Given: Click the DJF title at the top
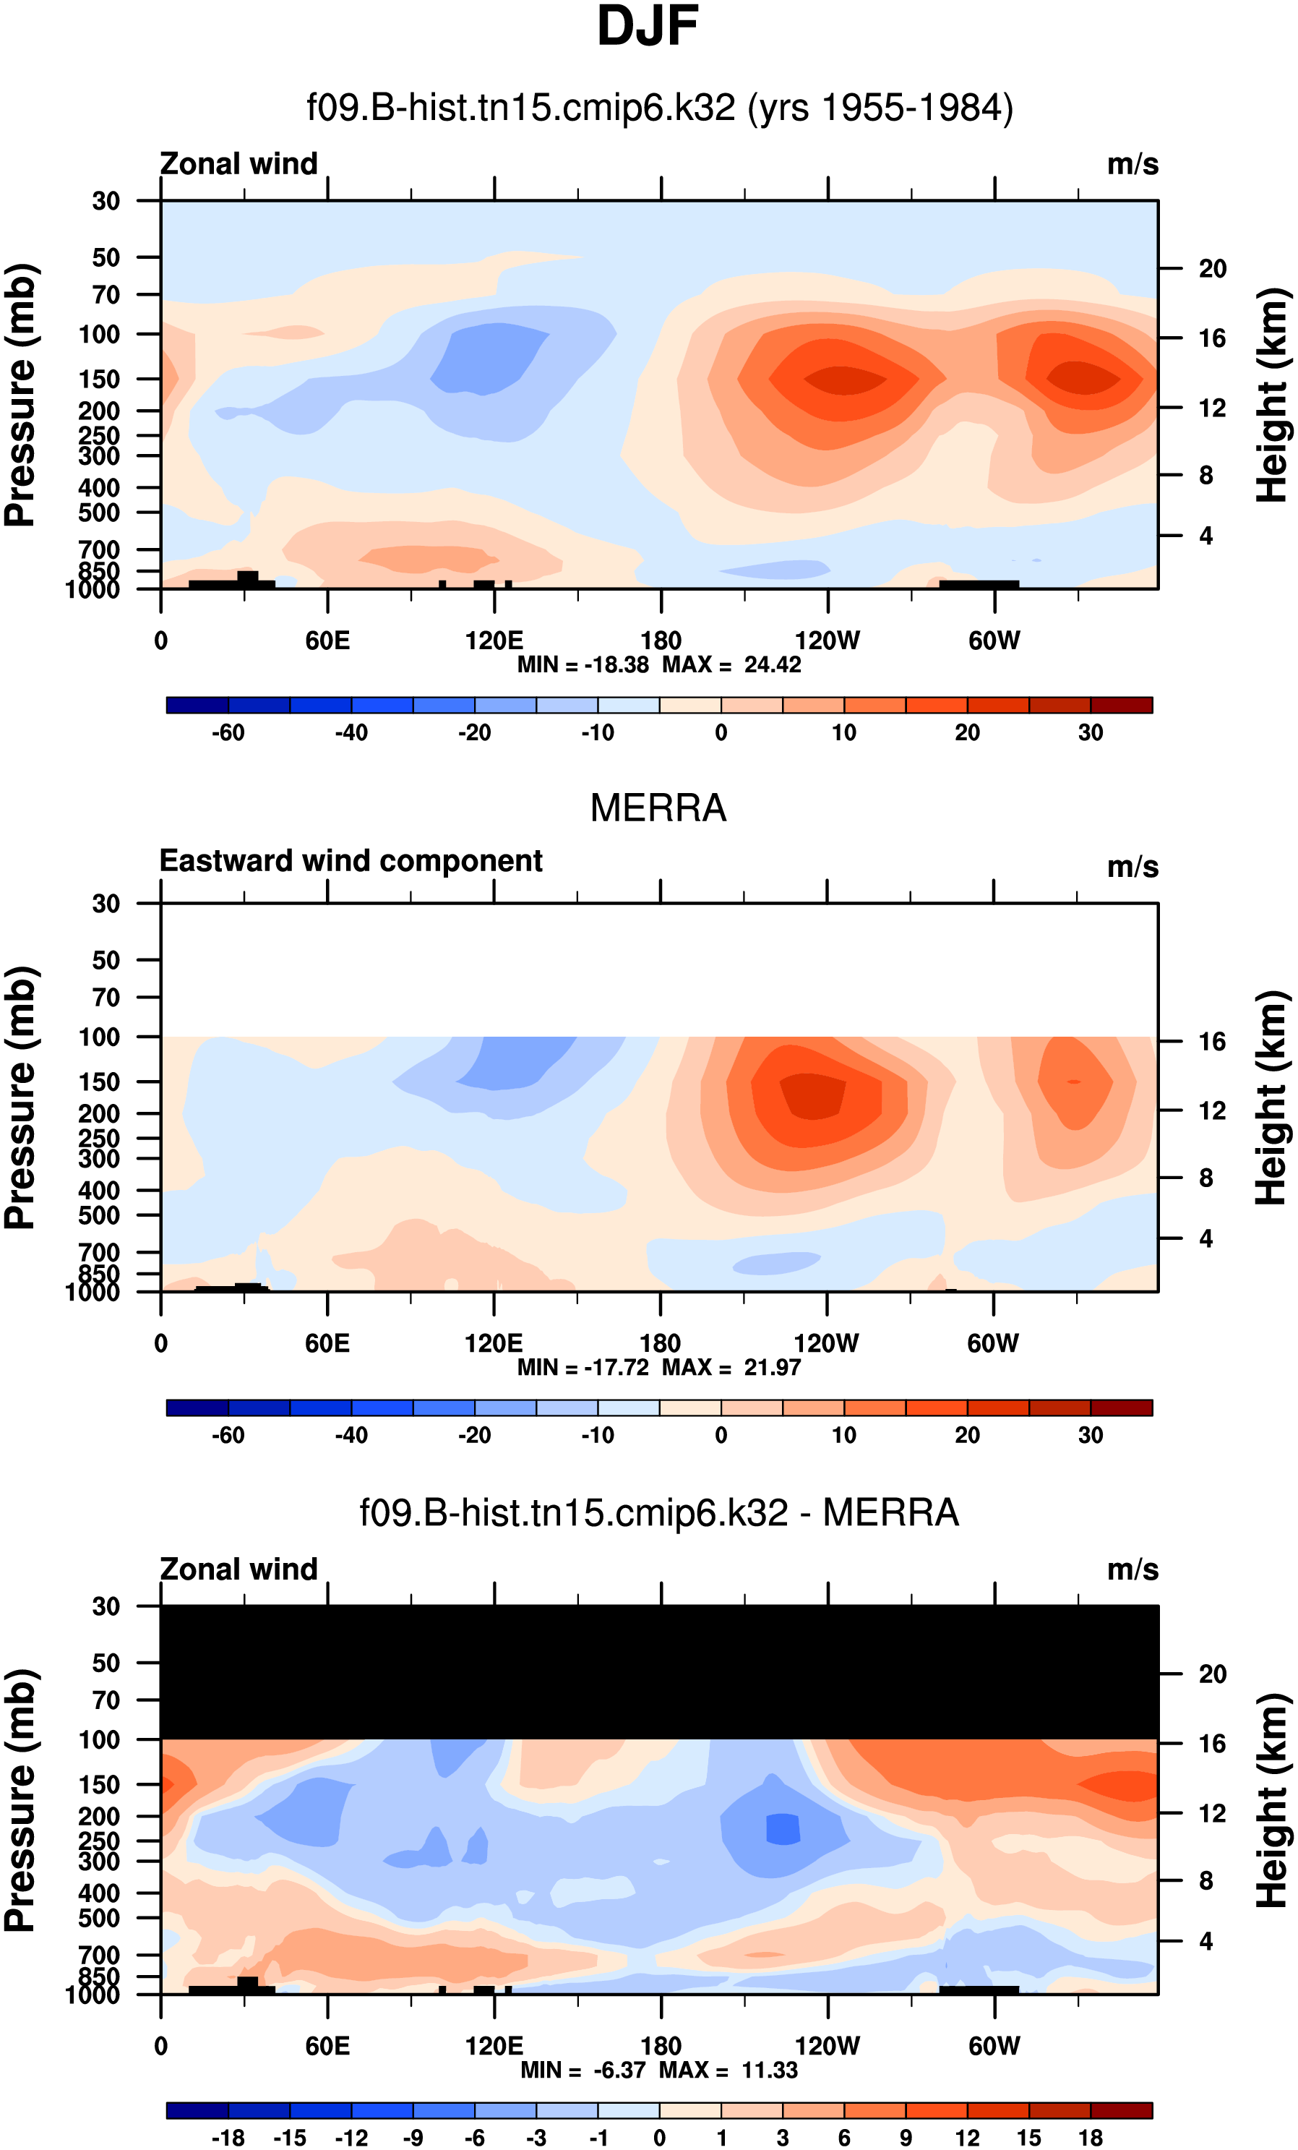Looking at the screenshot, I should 648,26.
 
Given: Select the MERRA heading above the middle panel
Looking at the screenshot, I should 658,808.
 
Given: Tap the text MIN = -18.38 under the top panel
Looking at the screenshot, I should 583,665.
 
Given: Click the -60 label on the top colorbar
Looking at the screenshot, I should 228,733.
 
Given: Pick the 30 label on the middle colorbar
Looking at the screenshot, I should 1091,1435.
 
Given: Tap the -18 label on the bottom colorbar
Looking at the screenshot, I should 228,2138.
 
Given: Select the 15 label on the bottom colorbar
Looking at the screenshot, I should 1028,2138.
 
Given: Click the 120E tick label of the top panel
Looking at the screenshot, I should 494,641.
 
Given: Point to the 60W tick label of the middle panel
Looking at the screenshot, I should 993,1344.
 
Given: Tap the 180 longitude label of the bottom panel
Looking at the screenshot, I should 661,2046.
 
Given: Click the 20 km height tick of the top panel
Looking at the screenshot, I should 1212,269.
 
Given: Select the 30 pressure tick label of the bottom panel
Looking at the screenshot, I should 106,1606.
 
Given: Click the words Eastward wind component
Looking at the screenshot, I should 351,861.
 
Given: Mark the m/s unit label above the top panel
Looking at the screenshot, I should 1132,164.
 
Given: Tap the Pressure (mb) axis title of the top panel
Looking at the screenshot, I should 21,395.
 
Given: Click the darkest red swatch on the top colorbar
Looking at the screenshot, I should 1121,705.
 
